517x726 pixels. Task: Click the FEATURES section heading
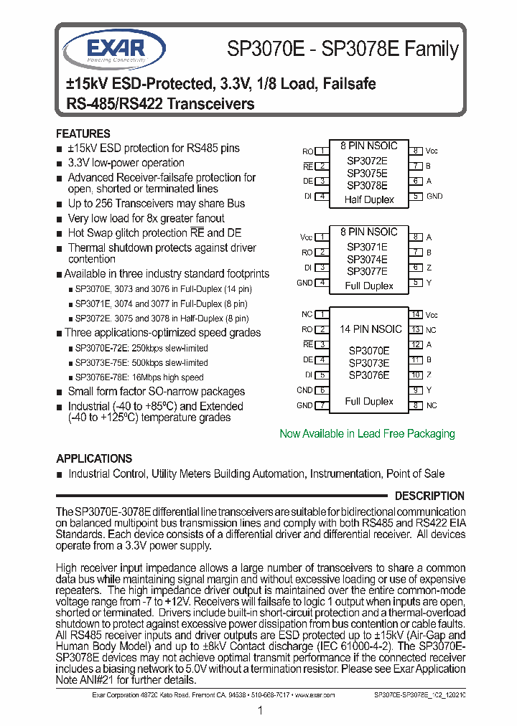click(x=83, y=133)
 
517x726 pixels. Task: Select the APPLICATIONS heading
click(x=94, y=458)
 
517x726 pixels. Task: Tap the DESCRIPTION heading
click(x=429, y=496)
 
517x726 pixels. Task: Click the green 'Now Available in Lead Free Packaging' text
click(x=367, y=433)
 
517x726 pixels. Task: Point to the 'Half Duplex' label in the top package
click(x=369, y=199)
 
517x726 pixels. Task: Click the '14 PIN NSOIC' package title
click(x=371, y=329)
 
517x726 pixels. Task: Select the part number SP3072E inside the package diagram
click(x=367, y=161)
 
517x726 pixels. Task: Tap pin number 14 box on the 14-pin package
click(x=416, y=314)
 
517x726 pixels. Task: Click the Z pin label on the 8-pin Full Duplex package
click(x=429, y=268)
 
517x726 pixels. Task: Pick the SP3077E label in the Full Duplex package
click(x=367, y=271)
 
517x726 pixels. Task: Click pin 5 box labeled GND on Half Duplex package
click(x=416, y=196)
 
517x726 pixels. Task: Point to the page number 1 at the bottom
click(x=260, y=710)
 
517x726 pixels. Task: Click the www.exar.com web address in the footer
click(x=315, y=694)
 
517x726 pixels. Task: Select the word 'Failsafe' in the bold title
click(x=349, y=84)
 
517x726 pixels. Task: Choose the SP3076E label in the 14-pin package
click(x=369, y=374)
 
